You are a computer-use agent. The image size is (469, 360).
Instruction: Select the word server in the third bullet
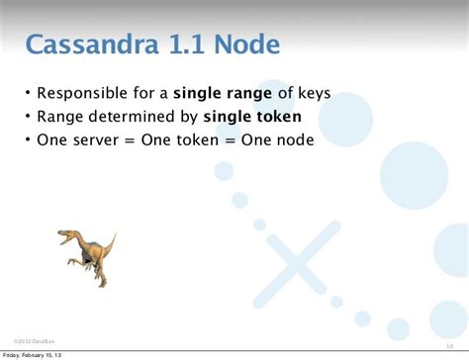(96, 139)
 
